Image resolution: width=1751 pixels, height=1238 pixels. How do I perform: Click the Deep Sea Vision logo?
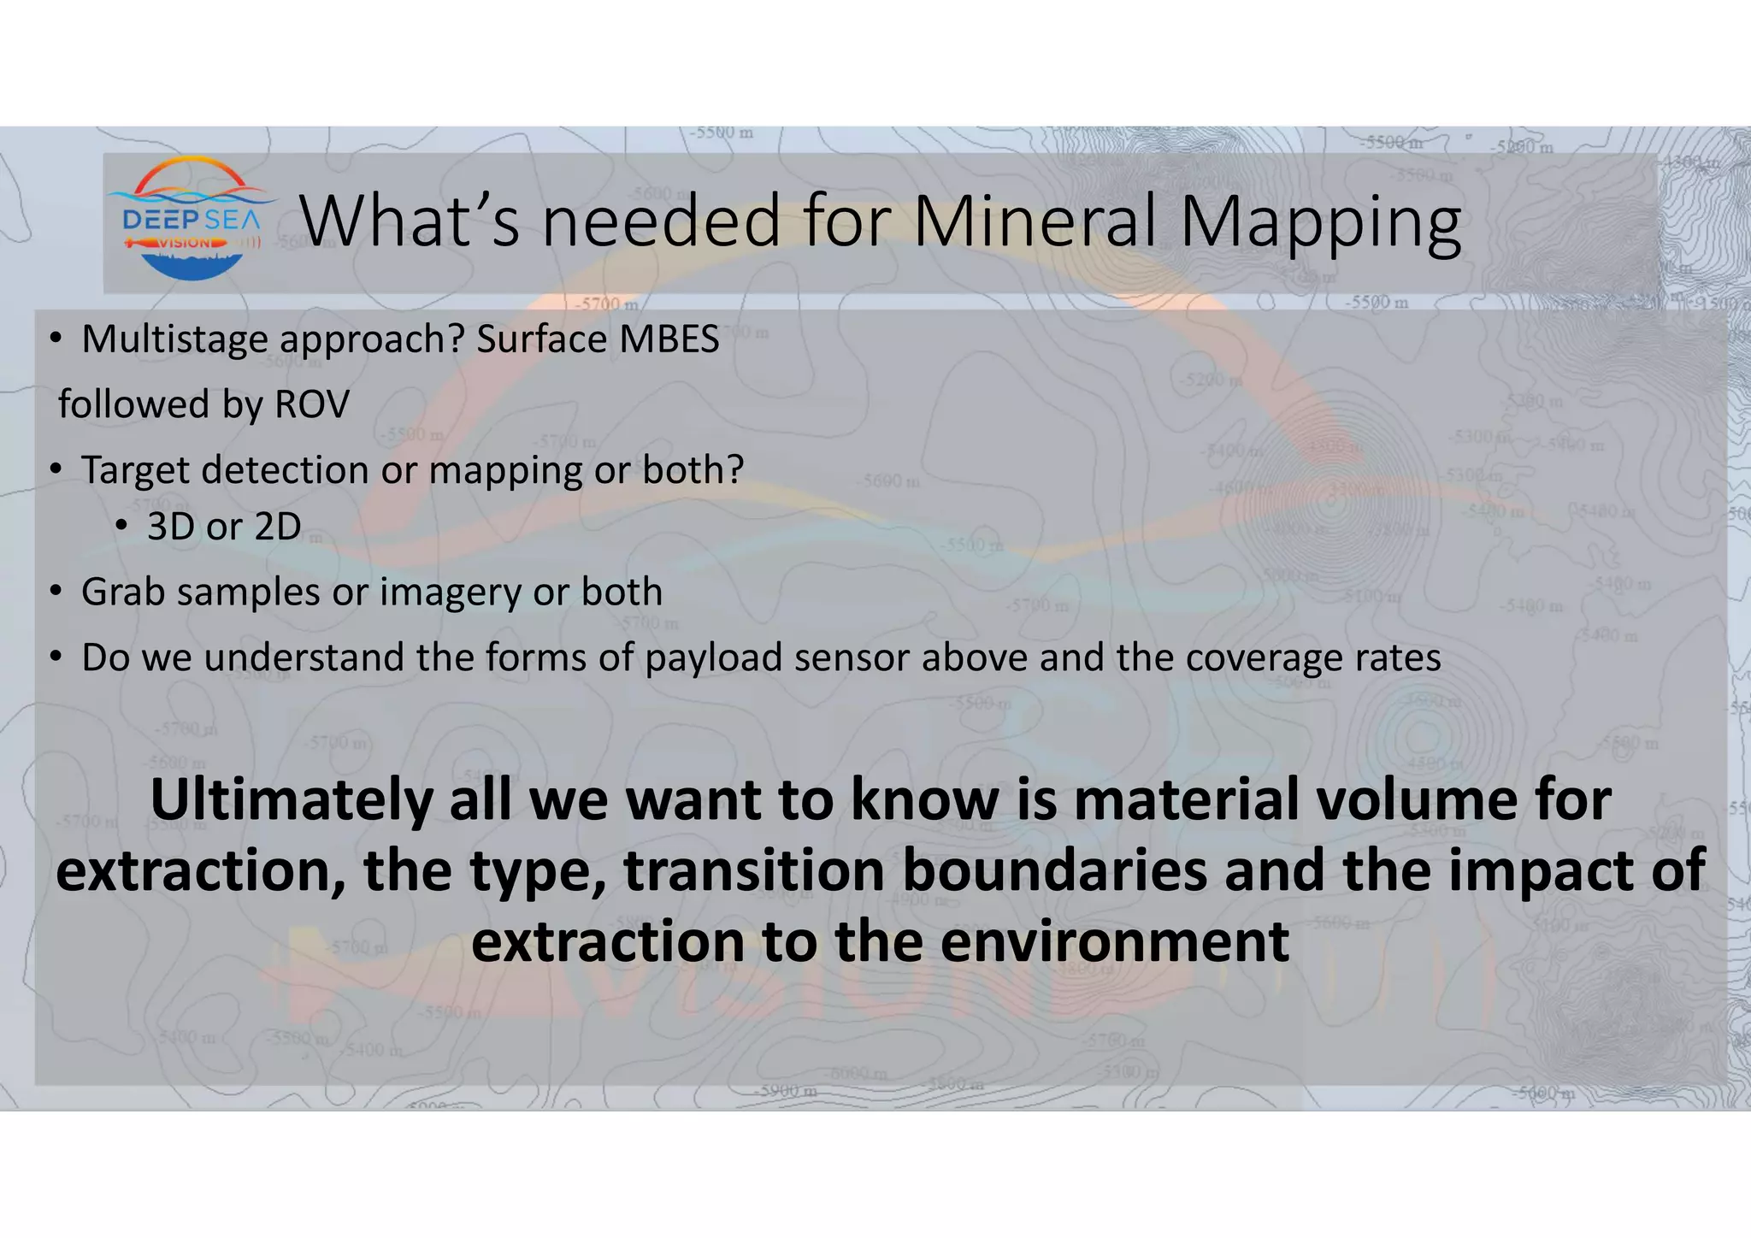[191, 220]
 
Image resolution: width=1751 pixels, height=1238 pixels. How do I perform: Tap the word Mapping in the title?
[1318, 224]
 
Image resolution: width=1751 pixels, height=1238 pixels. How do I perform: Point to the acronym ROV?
[311, 404]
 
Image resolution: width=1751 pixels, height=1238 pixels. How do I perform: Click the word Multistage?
[174, 340]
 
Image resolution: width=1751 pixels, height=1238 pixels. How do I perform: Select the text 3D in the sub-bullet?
[170, 527]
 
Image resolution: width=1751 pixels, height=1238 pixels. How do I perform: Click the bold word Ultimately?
[291, 801]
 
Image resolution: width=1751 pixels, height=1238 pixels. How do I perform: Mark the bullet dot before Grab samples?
[55, 592]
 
